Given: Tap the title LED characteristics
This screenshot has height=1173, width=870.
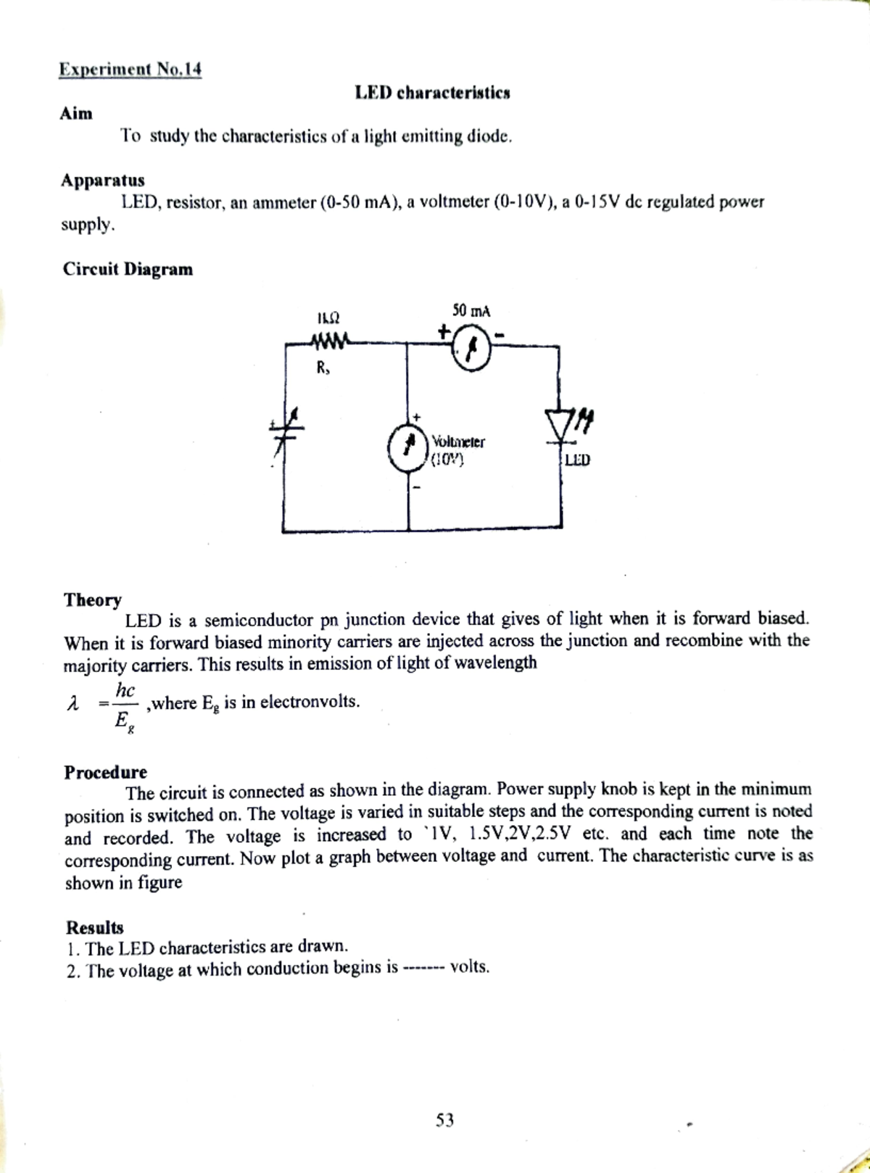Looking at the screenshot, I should coord(432,93).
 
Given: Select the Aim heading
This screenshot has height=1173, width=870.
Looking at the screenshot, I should coord(76,114).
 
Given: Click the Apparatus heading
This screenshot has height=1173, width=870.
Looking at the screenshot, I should coord(102,180).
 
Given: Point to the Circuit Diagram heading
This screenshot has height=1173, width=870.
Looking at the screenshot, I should coord(128,270).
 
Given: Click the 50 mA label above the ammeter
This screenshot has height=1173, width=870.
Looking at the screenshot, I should coord(471,311).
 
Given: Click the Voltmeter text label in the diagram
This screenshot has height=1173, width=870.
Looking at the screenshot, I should coord(458,441).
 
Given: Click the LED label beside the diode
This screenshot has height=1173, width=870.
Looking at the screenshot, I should coord(578,459).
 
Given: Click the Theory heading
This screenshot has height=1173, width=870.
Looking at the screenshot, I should coord(93,600).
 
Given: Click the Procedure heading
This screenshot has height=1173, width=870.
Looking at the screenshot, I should coord(105,771).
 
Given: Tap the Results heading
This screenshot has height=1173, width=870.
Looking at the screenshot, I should coord(94,927).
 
